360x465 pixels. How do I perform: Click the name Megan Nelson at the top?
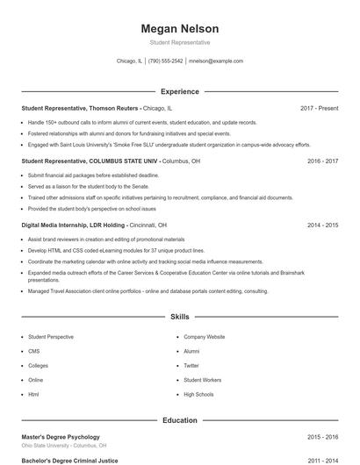[x=180, y=28]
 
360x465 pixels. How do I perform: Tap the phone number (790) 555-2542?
[x=165, y=61]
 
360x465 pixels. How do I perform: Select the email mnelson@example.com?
[x=216, y=61]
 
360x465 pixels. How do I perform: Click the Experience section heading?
[x=180, y=91]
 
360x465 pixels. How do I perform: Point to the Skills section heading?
[x=180, y=316]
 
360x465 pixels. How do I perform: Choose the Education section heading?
[x=180, y=420]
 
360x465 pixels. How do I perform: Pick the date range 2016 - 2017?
[x=322, y=161]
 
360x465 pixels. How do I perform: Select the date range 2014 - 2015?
[x=322, y=225]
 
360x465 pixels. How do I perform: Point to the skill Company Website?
[x=204, y=337]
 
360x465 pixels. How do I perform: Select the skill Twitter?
[x=191, y=365]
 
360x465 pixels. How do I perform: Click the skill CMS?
[x=34, y=351]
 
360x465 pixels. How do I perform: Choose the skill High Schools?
[x=198, y=394]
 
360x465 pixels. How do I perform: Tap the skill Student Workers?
[x=202, y=380]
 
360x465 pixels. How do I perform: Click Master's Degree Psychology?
[x=61, y=436]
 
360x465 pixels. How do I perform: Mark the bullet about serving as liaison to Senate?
[x=77, y=186]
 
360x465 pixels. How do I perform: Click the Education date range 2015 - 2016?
[x=322, y=436]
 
